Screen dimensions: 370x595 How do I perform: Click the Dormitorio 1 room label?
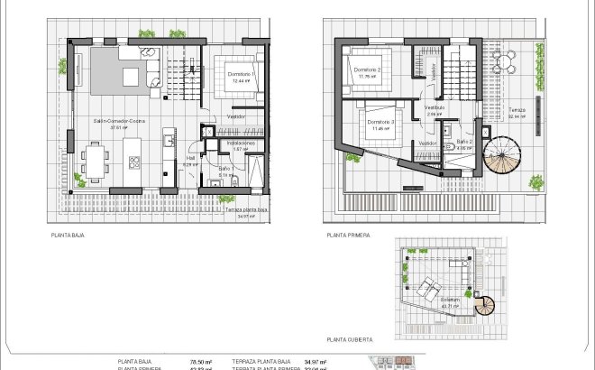pyautogui.click(x=240, y=74)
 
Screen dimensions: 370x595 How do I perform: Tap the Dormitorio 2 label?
pyautogui.click(x=367, y=70)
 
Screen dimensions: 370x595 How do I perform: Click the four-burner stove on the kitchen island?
pyautogui.click(x=134, y=162)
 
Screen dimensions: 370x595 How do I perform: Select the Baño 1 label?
pyautogui.click(x=226, y=168)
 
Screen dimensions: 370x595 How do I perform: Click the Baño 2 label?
pyautogui.click(x=464, y=142)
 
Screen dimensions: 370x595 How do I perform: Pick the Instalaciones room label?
pyautogui.click(x=240, y=143)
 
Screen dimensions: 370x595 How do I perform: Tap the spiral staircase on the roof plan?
pyautogui.click(x=487, y=306)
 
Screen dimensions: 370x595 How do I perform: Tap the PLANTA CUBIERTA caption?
pyautogui.click(x=350, y=339)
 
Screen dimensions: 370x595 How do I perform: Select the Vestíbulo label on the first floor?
pyautogui.click(x=435, y=107)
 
